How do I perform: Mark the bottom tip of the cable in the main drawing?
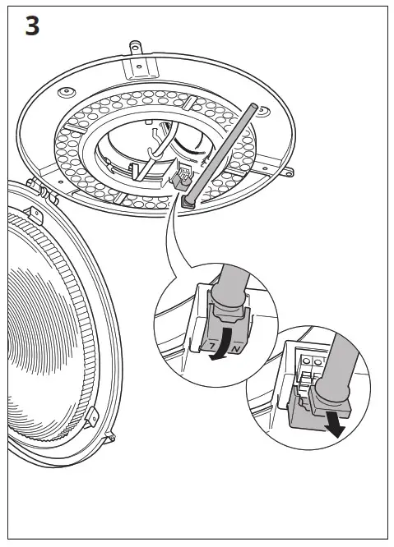point(188,201)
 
